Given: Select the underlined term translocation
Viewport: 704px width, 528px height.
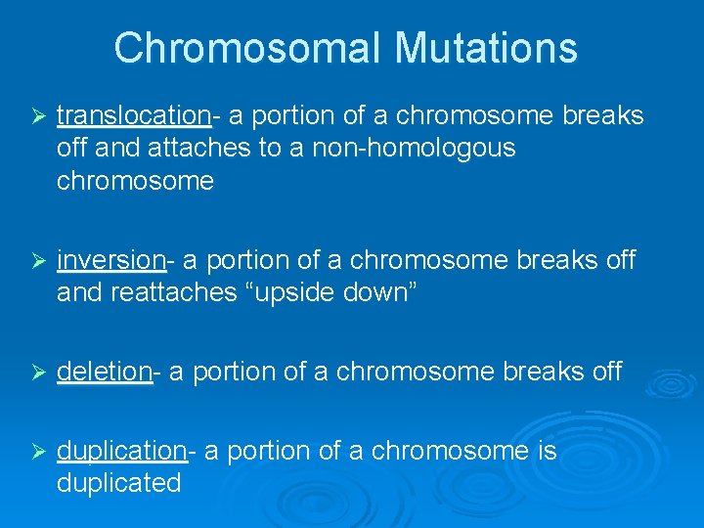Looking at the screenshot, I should tap(133, 116).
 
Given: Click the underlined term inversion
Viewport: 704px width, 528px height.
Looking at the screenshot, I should tap(110, 260).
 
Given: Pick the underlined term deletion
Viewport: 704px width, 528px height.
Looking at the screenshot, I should tap(105, 372).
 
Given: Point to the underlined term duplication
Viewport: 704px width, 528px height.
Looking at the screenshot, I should tap(121, 451).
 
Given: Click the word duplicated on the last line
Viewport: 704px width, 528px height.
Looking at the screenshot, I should tap(119, 483).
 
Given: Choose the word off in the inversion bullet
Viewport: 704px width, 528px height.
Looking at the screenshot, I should tap(617, 260).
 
